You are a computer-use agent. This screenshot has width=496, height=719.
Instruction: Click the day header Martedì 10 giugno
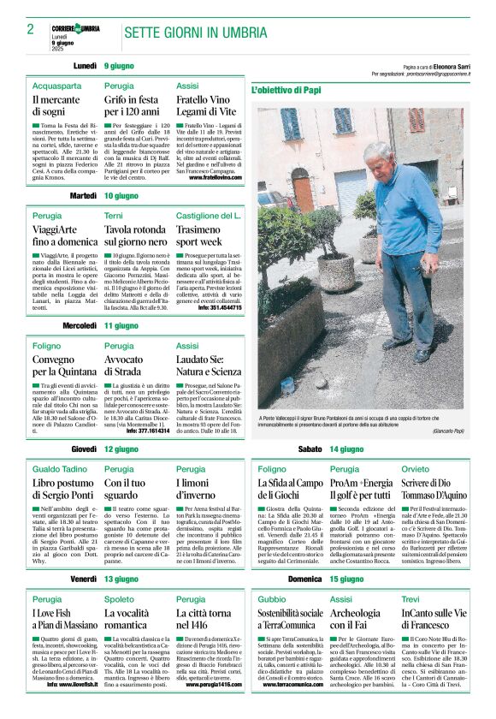[98, 196]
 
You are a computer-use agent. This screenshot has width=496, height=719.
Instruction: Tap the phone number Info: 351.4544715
[218, 306]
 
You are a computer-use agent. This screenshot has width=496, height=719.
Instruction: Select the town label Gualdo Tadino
[60, 469]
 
